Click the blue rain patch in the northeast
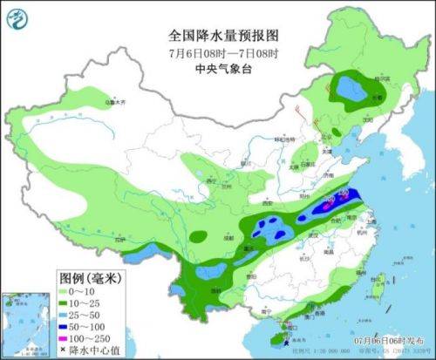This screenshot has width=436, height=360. tap(351, 89)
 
